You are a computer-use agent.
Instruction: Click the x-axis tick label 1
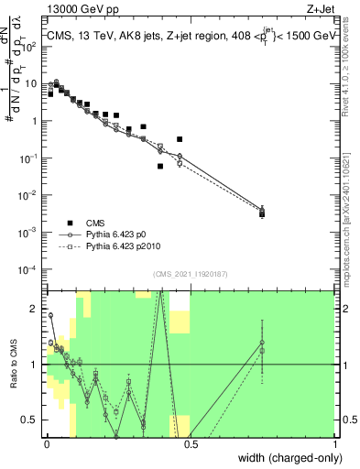pyautogui.click(x=334, y=444)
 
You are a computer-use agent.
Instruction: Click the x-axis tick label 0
pyautogui.click(x=46, y=444)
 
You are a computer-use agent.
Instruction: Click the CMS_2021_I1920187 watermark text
pyautogui.click(x=190, y=274)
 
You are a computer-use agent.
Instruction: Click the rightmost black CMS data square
pyautogui.click(x=262, y=214)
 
